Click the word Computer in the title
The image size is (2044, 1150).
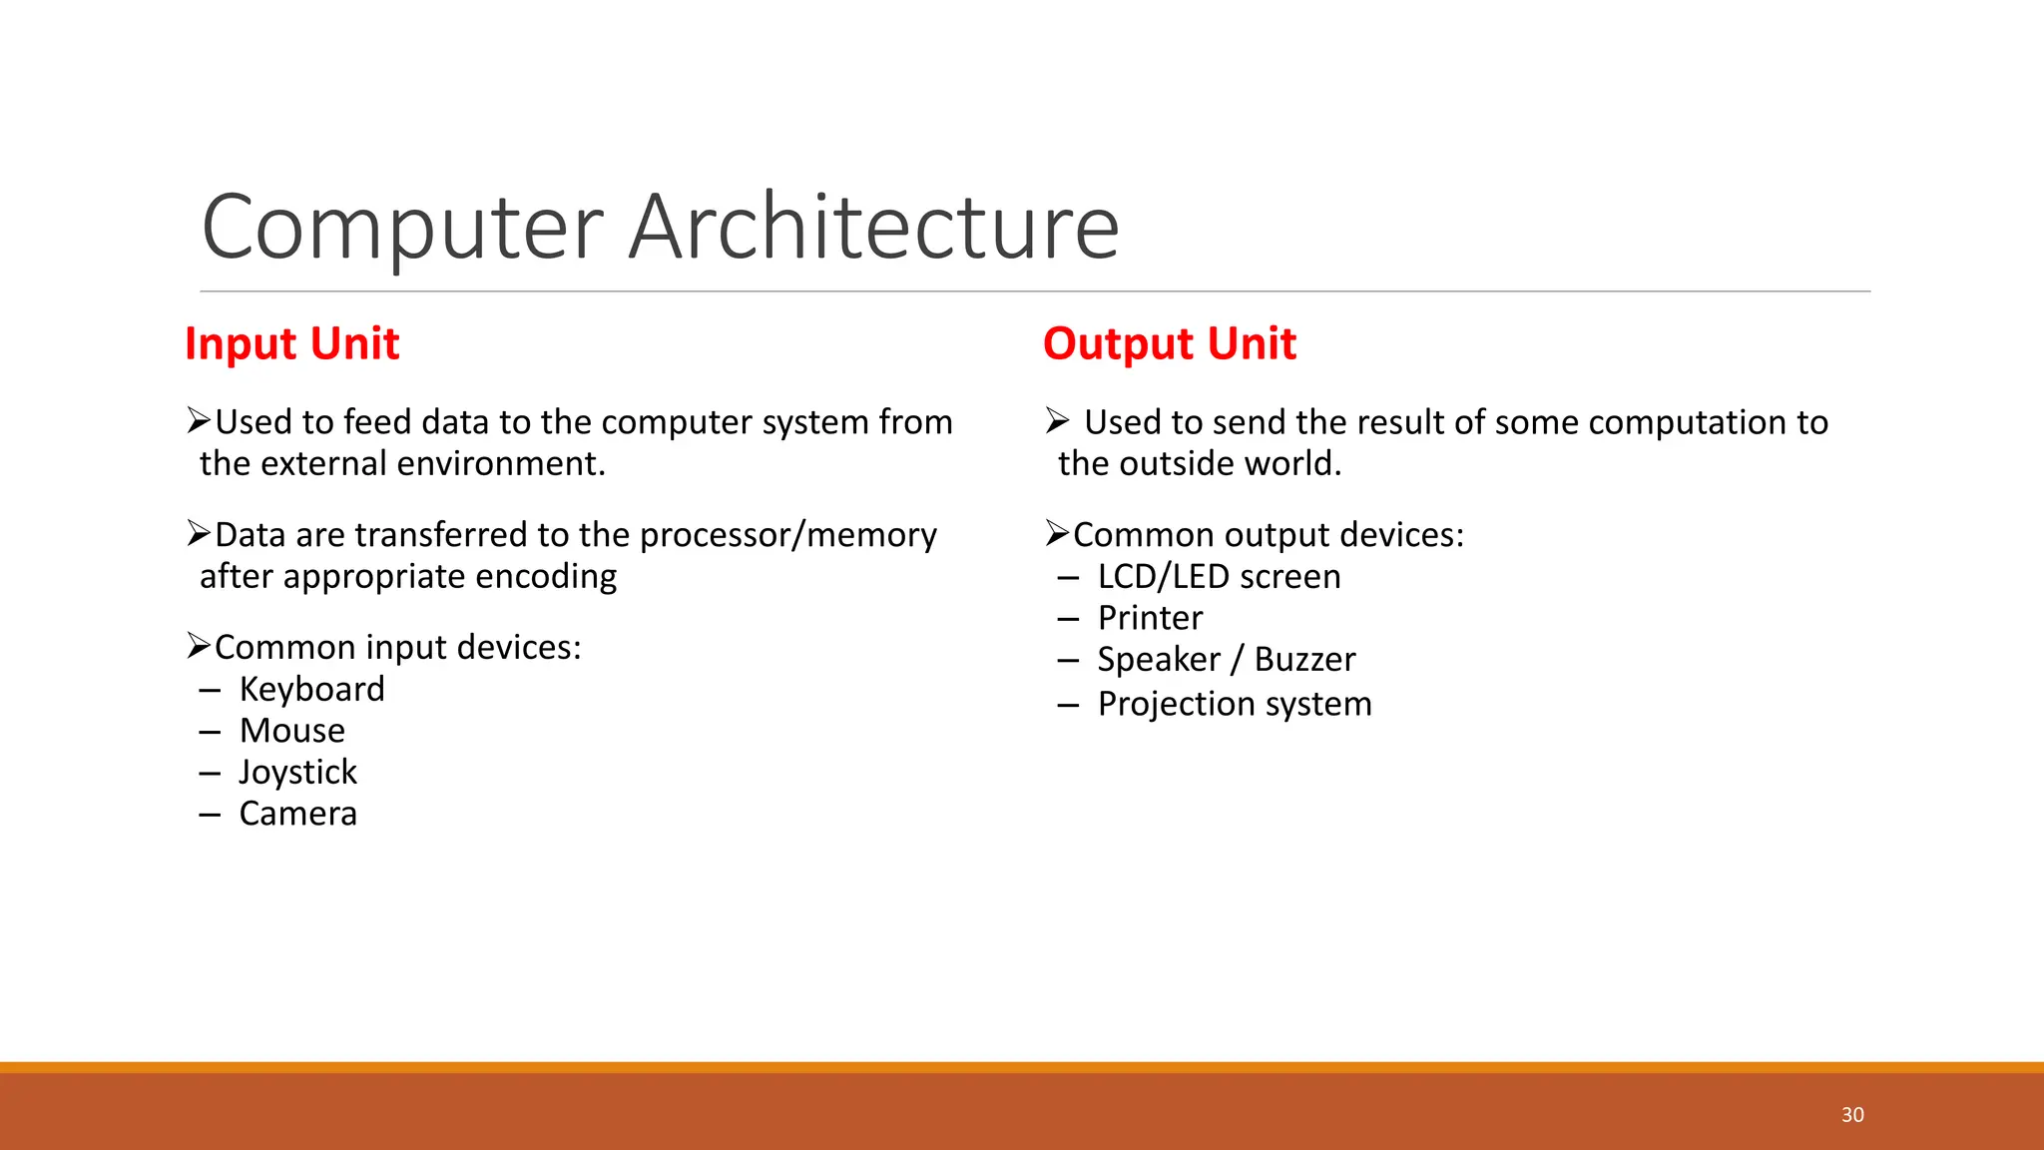(x=402, y=228)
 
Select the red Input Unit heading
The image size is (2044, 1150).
(x=291, y=343)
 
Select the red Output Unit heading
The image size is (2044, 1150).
(x=1169, y=343)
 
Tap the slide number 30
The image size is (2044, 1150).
(x=1852, y=1115)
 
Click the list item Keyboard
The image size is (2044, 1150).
(x=311, y=689)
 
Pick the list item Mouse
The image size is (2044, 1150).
(x=291, y=731)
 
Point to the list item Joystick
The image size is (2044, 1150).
(x=297, y=772)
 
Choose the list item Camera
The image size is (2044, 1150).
(x=297, y=814)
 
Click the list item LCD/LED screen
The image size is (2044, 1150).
(x=1219, y=577)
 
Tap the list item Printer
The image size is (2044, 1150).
(x=1150, y=618)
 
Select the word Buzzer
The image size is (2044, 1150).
(x=1304, y=660)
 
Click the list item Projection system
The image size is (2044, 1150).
(x=1235, y=704)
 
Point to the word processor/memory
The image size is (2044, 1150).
(x=787, y=535)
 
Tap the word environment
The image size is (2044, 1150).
(x=499, y=464)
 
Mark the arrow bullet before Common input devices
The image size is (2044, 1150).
(x=199, y=646)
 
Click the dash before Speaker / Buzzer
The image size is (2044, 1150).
(x=1068, y=661)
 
